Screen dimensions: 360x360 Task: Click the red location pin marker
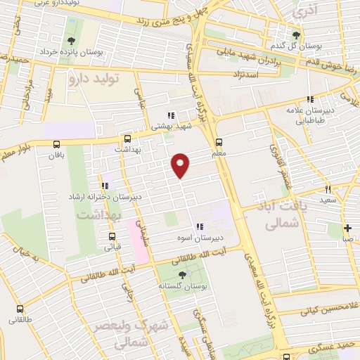(x=181, y=165)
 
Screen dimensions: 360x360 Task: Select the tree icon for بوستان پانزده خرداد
(x=70, y=40)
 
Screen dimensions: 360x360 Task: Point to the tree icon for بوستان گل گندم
(x=296, y=34)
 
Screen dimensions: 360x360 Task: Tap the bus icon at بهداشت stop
(x=127, y=139)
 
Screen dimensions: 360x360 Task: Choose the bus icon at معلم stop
(x=219, y=140)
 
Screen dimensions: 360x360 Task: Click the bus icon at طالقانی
(x=19, y=309)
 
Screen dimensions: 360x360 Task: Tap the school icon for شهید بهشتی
(x=170, y=115)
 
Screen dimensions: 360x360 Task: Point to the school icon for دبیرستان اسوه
(x=200, y=226)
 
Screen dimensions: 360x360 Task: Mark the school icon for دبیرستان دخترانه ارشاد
(x=105, y=186)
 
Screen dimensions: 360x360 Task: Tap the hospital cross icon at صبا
(x=347, y=228)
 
